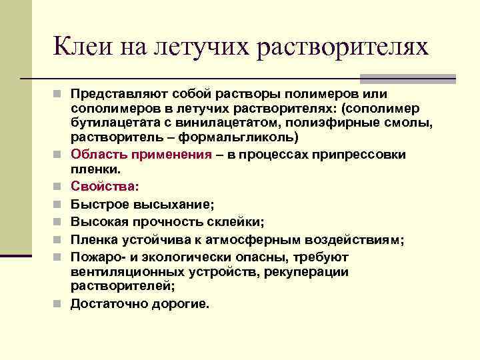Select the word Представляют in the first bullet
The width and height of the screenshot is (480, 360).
(x=113, y=93)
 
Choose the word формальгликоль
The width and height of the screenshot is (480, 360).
(x=251, y=137)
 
